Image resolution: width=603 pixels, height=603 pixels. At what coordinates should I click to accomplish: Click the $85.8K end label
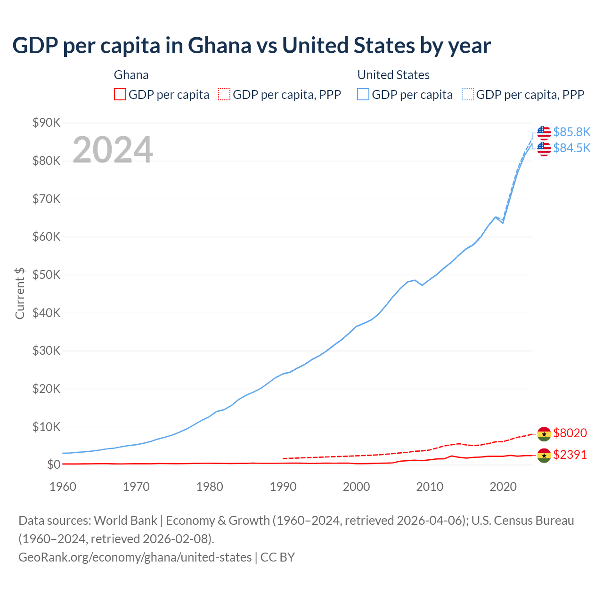[571, 132]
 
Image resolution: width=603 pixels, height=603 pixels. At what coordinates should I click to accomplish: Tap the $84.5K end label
[571, 148]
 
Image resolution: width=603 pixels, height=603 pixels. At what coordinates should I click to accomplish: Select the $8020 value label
[570, 432]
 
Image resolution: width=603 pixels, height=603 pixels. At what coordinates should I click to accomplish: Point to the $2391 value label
[570, 455]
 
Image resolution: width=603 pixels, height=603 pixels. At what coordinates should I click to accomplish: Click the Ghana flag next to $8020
[544, 433]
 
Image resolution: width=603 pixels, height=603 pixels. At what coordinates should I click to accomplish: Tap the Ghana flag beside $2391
[544, 456]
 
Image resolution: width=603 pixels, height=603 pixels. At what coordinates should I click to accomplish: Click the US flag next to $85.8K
[544, 133]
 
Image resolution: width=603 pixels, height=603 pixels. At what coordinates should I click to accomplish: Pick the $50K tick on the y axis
[47, 275]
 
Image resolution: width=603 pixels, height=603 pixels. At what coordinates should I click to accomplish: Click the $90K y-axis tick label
[47, 123]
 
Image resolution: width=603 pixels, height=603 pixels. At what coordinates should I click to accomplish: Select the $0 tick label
[54, 464]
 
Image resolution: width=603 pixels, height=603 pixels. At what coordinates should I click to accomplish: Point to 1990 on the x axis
[283, 486]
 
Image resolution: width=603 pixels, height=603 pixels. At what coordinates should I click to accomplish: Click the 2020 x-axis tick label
[503, 486]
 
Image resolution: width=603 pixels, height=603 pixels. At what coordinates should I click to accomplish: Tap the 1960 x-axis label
[63, 486]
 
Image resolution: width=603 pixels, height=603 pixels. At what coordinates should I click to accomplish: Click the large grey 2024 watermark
[113, 150]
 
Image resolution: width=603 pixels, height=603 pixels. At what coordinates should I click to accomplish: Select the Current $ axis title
[20, 293]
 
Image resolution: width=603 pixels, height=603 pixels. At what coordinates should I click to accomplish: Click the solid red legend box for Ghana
[120, 94]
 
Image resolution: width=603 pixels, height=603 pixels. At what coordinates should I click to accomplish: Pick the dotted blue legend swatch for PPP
[468, 94]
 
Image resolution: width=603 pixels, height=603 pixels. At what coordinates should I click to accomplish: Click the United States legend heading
[393, 75]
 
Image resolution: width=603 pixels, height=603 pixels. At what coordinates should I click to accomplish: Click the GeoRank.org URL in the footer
[135, 557]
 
